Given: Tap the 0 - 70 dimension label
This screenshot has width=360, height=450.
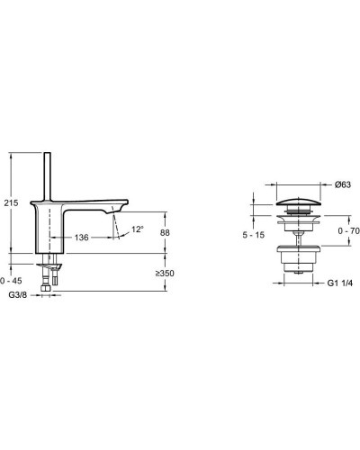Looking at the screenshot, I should coord(346,231).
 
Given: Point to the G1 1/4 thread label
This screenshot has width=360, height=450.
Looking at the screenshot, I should coord(339,282).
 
